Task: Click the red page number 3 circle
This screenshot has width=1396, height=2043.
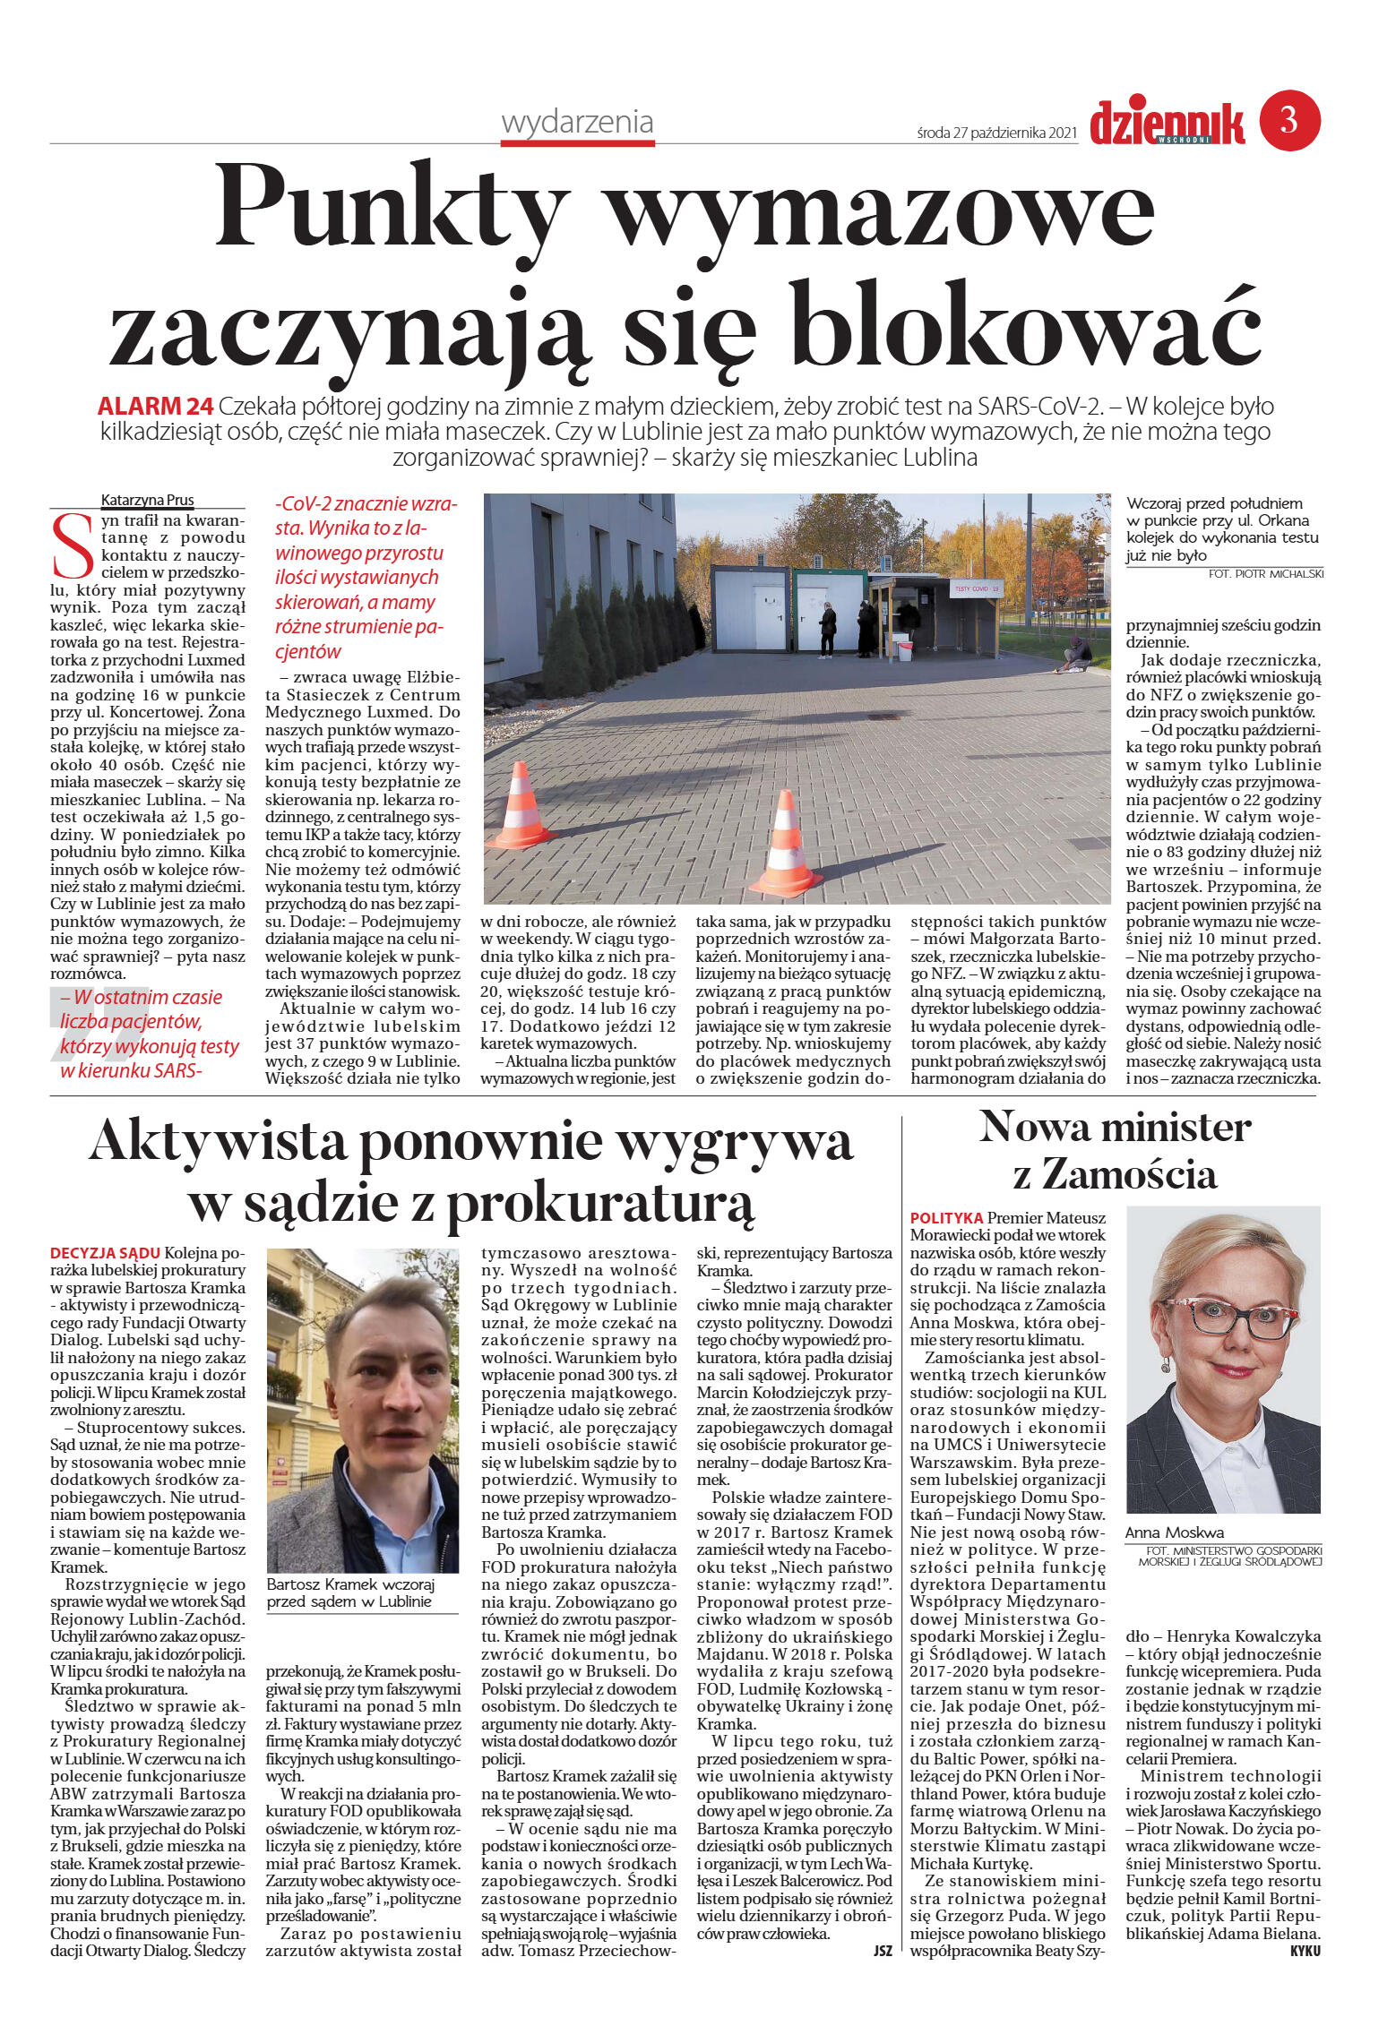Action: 1289,120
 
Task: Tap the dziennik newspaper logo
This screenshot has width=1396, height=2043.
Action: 1167,123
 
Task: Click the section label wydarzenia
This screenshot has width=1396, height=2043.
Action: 577,122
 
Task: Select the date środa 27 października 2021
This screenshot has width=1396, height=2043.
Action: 996,133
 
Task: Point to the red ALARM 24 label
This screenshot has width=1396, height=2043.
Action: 155,407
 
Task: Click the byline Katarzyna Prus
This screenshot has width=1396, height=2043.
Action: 148,501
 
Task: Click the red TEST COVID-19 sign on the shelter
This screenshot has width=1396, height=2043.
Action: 976,588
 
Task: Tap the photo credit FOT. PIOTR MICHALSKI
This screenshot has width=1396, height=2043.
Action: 1265,573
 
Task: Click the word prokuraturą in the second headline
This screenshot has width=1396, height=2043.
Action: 600,1205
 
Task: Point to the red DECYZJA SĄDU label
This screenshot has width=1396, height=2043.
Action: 105,1252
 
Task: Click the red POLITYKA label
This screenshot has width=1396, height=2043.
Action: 946,1218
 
